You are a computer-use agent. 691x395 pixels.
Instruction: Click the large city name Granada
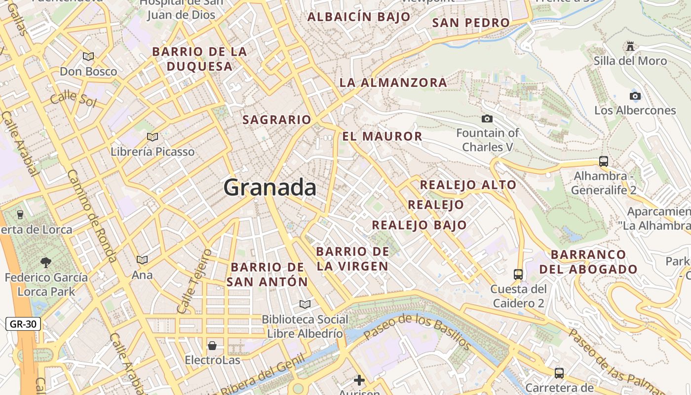[270, 188]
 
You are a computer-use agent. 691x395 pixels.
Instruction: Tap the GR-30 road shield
[23, 324]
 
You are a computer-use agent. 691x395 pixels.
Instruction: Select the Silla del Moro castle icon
[630, 46]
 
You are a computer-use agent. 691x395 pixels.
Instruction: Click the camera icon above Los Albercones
[635, 96]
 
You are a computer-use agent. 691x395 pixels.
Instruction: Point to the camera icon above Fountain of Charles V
[487, 118]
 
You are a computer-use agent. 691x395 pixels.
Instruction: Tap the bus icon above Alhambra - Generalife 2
[603, 161]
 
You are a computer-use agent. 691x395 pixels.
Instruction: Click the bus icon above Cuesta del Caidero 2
[518, 274]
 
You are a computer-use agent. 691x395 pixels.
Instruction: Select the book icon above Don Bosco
[88, 57]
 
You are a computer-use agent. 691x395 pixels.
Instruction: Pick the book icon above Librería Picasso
[153, 137]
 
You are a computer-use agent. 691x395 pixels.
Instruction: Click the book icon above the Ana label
[142, 260]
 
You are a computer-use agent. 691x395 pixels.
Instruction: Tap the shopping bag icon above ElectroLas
[212, 345]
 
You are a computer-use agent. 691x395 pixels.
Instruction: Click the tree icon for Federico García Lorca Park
[46, 262]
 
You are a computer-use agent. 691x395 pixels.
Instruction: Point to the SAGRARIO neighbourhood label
[276, 120]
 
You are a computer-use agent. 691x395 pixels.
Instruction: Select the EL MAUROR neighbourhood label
[382, 136]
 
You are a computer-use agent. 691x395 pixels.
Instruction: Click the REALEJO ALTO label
[467, 185]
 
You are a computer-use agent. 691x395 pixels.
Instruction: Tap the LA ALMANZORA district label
[393, 82]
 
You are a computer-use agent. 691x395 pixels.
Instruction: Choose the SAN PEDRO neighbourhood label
[470, 23]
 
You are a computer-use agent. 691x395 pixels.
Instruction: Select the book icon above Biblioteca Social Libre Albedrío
[305, 304]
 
